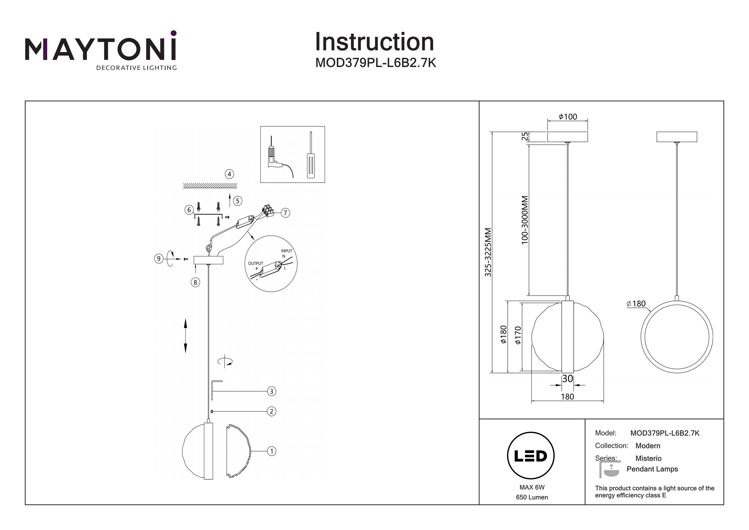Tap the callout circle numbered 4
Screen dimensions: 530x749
(x=229, y=174)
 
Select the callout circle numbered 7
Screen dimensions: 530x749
(x=285, y=213)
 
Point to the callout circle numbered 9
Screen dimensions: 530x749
(x=159, y=259)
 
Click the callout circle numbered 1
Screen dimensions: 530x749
(x=271, y=451)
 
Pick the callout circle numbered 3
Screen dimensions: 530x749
(x=271, y=391)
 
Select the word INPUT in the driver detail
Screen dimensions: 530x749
(x=286, y=251)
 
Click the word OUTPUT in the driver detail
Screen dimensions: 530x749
(x=255, y=263)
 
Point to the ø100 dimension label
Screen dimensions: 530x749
(x=568, y=117)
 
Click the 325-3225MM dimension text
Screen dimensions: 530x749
(x=488, y=252)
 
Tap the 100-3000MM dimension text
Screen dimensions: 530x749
(x=525, y=220)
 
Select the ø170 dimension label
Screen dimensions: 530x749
(x=518, y=335)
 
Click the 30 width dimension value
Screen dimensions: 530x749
(x=568, y=379)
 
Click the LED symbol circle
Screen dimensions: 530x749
(x=531, y=456)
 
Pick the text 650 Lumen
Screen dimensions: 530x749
(x=532, y=497)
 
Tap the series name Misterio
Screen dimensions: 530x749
(x=648, y=458)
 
